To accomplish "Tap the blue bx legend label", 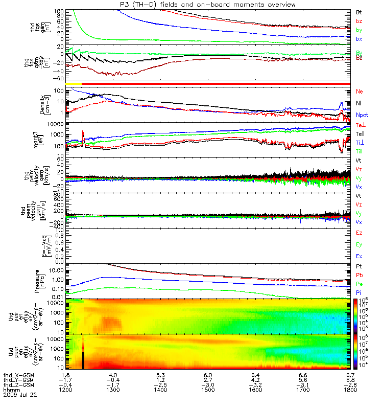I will tap(359, 39).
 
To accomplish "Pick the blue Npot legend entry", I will tap(362, 116).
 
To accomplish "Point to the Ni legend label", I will tap(359, 103).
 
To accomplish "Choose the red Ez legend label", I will tap(359, 233).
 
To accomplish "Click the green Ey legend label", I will tap(359, 244).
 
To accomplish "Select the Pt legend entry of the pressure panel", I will tap(359, 267).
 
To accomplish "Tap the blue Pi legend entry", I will tap(359, 292).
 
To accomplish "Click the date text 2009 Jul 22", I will tap(20, 395).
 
